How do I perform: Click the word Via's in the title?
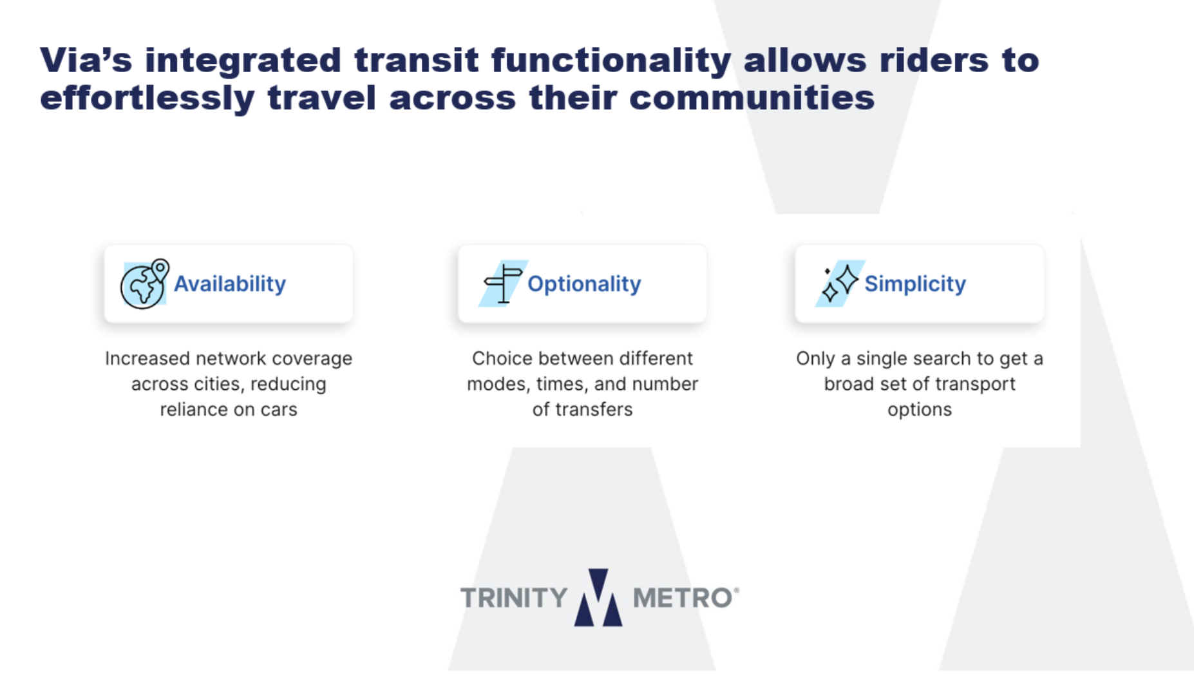coord(86,60)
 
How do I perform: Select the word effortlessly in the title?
coord(147,99)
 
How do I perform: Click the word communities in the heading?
coord(752,98)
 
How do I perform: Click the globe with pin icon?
coord(144,284)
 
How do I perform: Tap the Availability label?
coord(230,284)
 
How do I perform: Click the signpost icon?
coord(503,284)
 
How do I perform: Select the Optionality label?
coord(584,284)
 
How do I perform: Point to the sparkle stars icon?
coord(840,284)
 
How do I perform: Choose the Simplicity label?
coord(915,284)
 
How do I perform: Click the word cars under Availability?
coord(279,410)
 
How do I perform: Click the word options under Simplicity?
coord(920,410)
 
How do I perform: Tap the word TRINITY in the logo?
coord(514,598)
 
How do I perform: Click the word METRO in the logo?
coord(683,598)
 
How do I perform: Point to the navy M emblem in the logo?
coord(598,597)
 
